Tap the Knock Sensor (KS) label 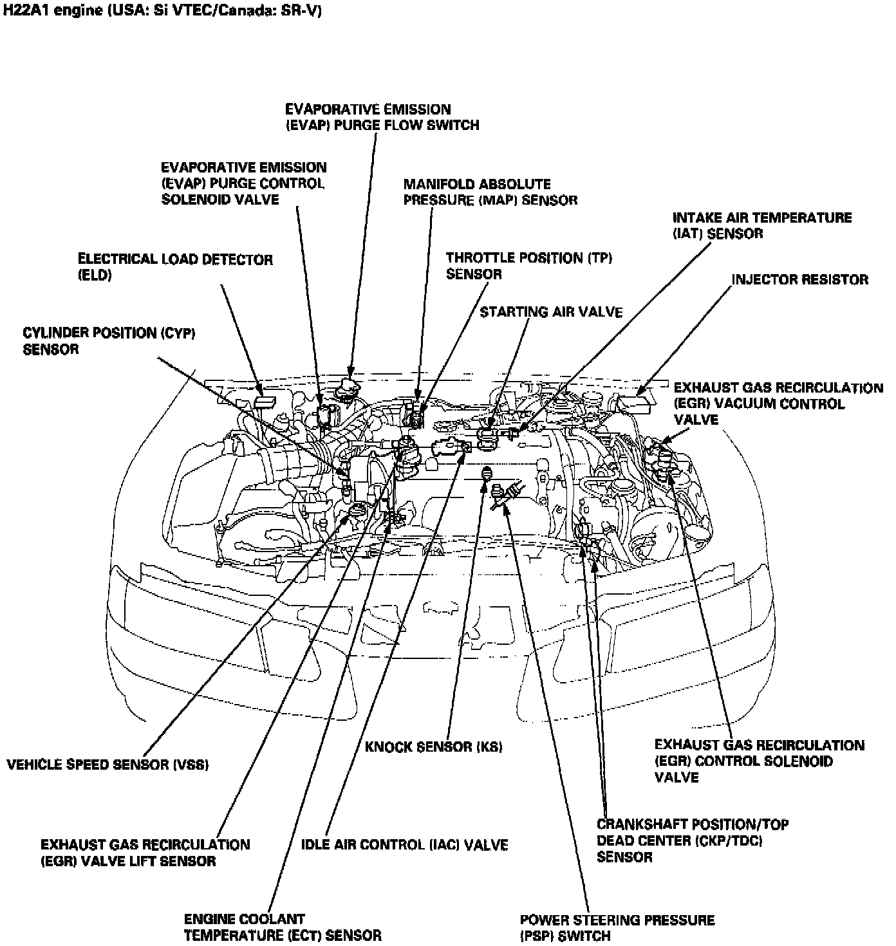click(x=433, y=747)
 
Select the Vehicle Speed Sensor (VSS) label click(x=107, y=765)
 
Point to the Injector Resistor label click(x=799, y=279)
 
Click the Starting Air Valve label click(x=551, y=312)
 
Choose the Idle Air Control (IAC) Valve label click(x=404, y=844)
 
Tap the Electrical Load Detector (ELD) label click(x=174, y=267)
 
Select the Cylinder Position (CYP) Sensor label click(x=108, y=341)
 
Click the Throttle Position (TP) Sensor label click(x=528, y=266)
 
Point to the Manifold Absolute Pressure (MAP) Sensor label click(x=490, y=192)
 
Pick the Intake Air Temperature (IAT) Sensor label click(x=761, y=225)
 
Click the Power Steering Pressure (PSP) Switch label click(x=617, y=927)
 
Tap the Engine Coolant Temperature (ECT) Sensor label click(x=283, y=927)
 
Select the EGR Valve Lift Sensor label click(x=145, y=852)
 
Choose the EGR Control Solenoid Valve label click(x=759, y=761)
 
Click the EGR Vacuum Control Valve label click(x=778, y=403)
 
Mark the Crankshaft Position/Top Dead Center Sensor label click(x=692, y=840)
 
